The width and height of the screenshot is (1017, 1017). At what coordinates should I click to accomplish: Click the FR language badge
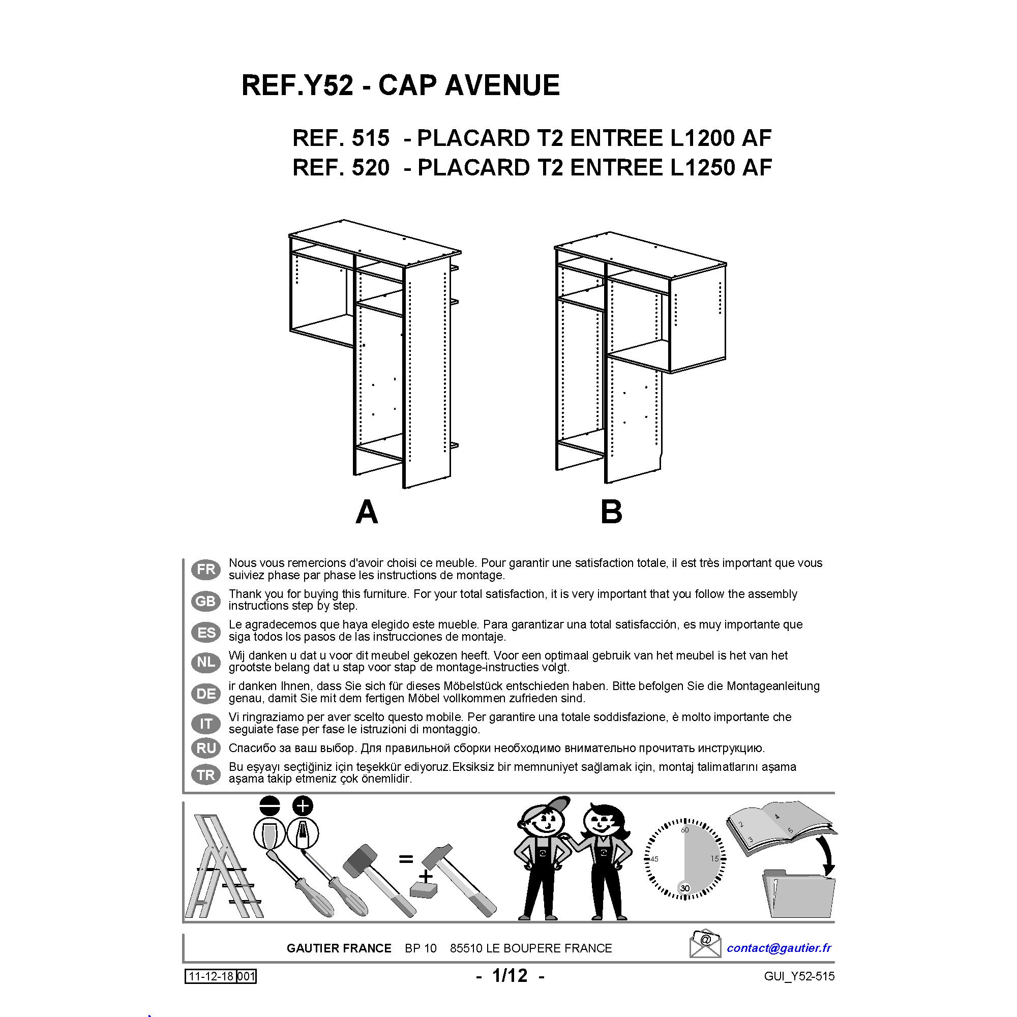(x=206, y=569)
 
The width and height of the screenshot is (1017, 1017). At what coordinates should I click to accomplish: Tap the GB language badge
(x=206, y=601)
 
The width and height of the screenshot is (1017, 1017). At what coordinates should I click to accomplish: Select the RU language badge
(x=206, y=748)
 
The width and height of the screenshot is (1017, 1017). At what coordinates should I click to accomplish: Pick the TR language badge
(x=206, y=774)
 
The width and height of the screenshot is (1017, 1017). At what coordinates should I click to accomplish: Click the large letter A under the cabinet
(x=367, y=512)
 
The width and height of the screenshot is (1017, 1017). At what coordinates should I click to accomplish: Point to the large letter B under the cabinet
(x=611, y=512)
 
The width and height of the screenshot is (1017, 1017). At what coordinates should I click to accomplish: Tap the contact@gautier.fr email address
(x=779, y=948)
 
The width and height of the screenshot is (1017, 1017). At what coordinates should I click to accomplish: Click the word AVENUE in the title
(x=502, y=85)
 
